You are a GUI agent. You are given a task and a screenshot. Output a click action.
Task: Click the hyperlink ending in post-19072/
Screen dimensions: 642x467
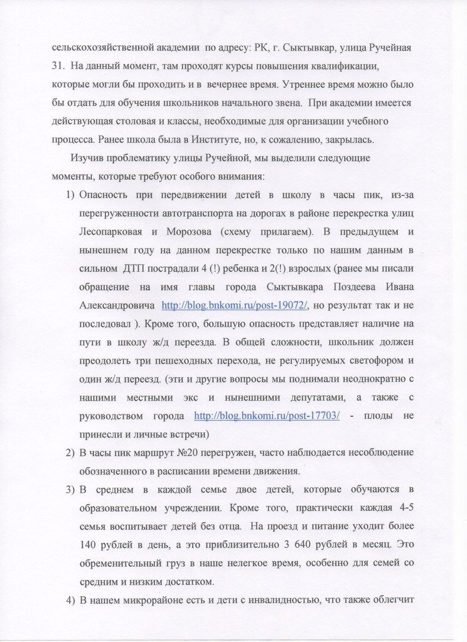(235, 305)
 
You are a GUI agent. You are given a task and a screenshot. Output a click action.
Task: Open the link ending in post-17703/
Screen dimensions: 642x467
(267, 416)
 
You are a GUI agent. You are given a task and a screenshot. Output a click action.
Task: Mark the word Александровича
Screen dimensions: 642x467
(117, 305)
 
